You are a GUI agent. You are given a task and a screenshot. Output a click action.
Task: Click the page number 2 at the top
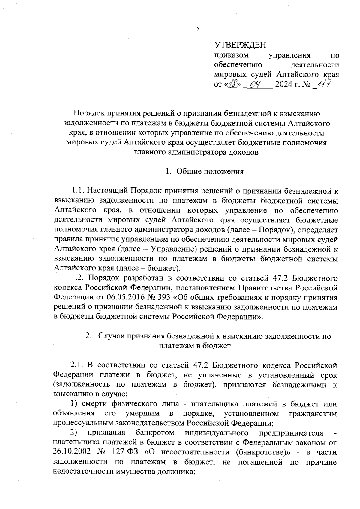(197, 30)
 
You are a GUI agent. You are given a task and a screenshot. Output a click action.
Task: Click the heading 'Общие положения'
(210, 171)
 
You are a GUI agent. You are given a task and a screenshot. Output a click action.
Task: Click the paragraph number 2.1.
(78, 365)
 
